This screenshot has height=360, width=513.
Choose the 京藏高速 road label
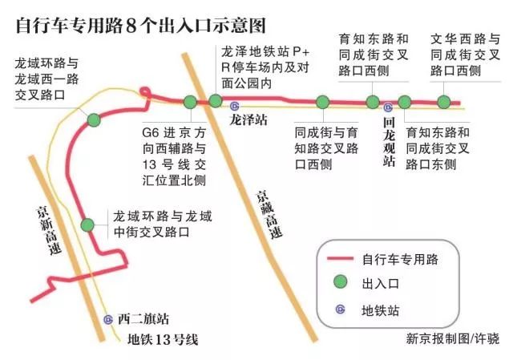(x=268, y=216)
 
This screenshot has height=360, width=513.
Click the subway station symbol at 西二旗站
(x=108, y=319)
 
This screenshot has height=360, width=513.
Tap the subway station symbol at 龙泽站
(x=234, y=105)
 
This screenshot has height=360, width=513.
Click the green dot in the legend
(x=341, y=283)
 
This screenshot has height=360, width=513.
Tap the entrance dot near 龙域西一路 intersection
(x=94, y=120)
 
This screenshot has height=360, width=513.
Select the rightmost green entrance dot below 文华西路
(x=444, y=102)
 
